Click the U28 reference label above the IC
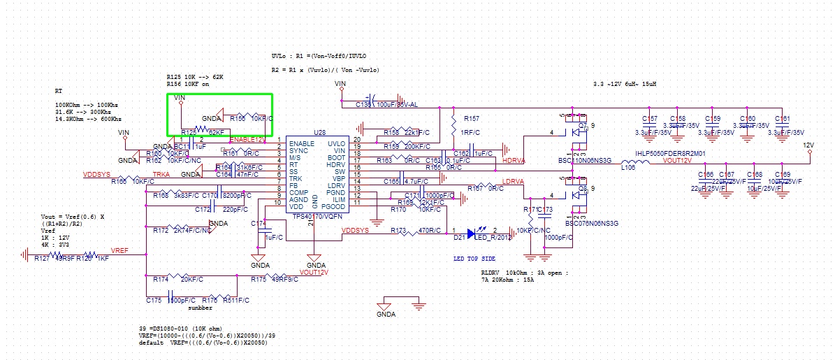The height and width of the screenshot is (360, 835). click(320, 132)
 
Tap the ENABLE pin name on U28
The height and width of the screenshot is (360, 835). click(302, 143)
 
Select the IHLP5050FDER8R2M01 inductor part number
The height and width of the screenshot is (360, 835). click(669, 152)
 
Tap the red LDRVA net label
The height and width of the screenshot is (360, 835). click(514, 182)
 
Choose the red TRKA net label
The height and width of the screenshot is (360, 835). click(161, 173)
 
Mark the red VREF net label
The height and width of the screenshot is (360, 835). click(121, 250)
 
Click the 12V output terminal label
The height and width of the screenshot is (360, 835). click(808, 145)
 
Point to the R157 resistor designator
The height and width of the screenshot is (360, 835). click(472, 118)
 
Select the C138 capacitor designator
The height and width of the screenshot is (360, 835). click(363, 104)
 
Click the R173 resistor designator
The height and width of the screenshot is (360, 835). click(398, 230)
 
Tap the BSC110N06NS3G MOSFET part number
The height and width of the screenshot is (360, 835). click(584, 161)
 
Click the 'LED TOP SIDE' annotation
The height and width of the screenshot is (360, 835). click(474, 259)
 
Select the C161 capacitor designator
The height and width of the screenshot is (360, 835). click(782, 119)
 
